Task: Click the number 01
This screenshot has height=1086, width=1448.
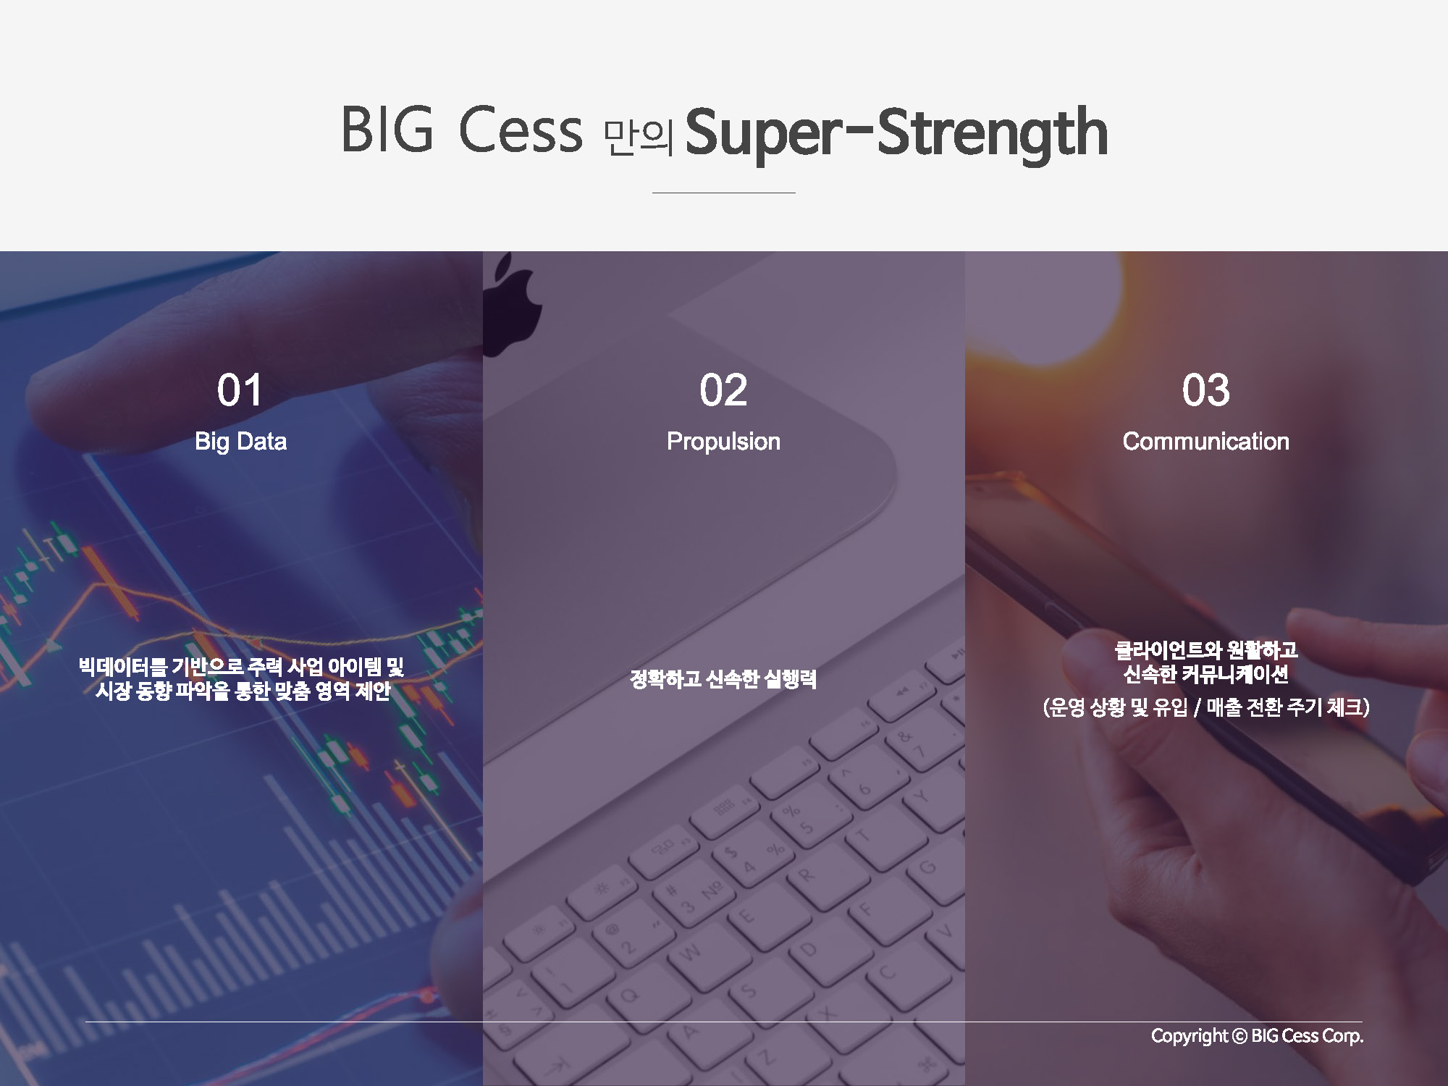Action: tap(240, 390)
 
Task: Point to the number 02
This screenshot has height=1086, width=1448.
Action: tap(723, 390)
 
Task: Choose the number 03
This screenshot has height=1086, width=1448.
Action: tap(1205, 390)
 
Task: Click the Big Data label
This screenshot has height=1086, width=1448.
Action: tap(240, 442)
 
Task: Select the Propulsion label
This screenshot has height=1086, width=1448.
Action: tap(723, 442)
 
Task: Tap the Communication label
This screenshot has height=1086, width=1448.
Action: tap(1205, 442)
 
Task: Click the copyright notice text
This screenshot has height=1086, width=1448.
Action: tap(1257, 1036)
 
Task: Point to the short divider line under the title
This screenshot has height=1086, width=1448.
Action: tap(723, 193)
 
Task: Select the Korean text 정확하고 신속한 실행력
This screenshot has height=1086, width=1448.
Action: tap(723, 679)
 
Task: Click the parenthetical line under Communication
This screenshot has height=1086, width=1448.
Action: tap(1206, 707)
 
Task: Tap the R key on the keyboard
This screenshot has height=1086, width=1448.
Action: tap(805, 875)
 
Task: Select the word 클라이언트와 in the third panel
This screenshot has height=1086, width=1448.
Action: tap(1158, 650)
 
